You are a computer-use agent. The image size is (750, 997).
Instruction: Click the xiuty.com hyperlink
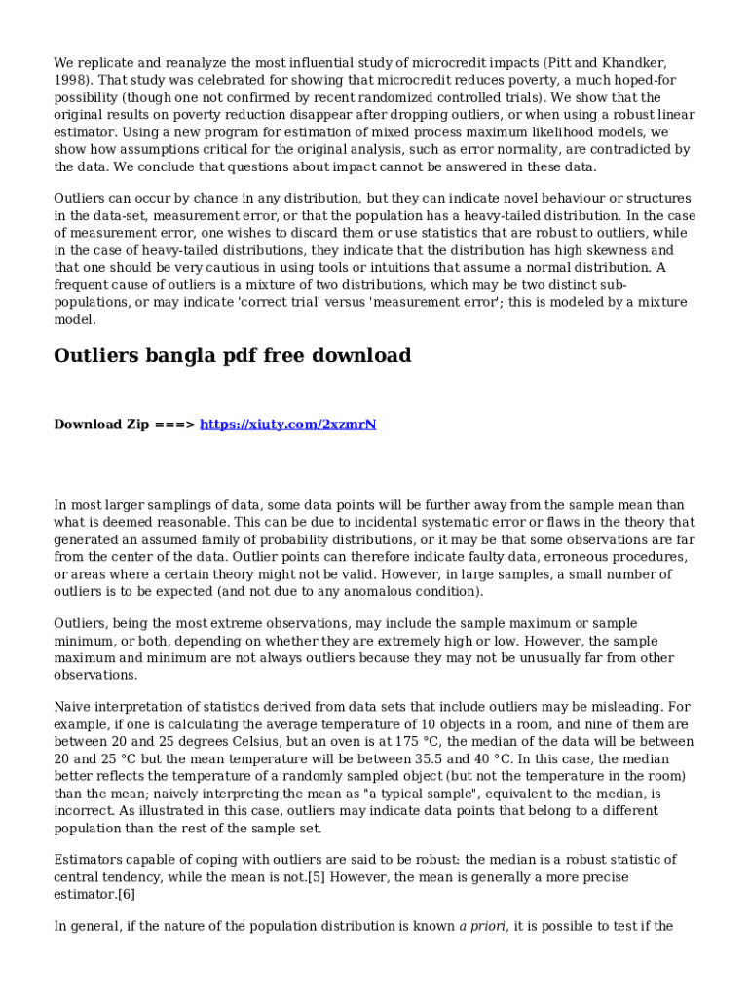(287, 425)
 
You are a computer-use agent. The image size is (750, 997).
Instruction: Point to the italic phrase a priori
(482, 926)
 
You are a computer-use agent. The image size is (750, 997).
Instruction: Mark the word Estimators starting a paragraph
(90, 860)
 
